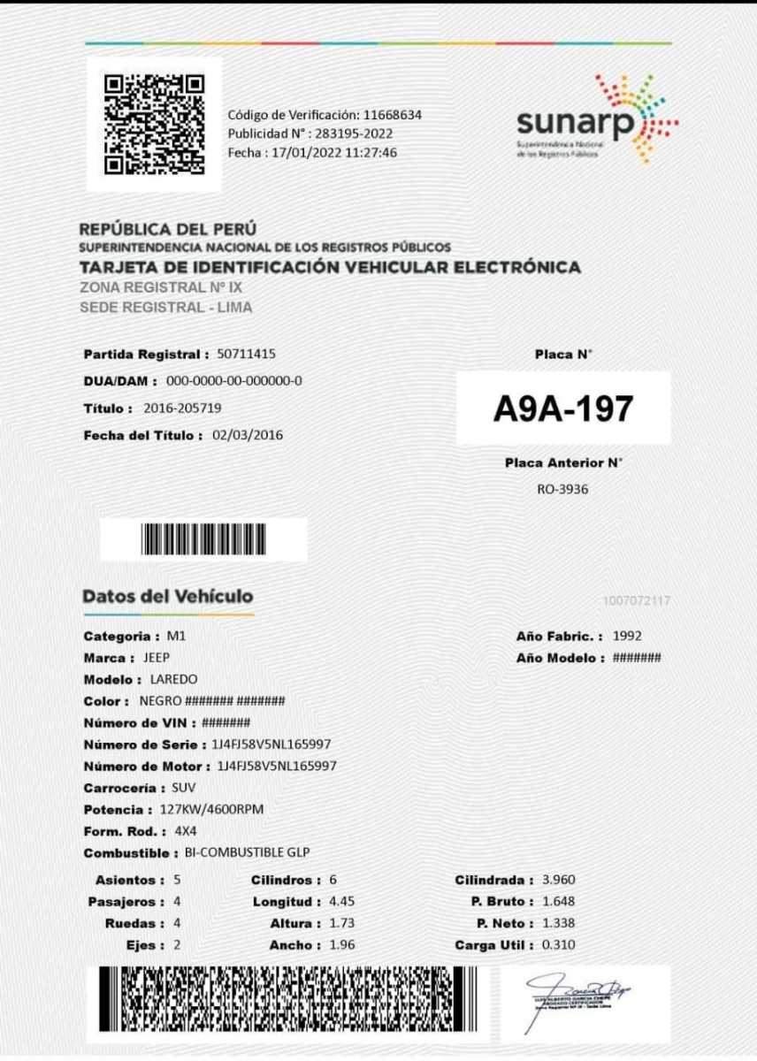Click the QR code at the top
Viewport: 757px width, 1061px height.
pos(154,124)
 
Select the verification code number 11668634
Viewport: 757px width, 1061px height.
pos(393,115)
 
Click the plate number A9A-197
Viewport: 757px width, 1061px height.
pos(563,408)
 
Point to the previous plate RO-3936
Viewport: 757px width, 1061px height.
pos(562,489)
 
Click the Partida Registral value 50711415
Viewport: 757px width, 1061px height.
pos(246,355)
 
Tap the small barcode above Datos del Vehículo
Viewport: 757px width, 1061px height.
pos(203,538)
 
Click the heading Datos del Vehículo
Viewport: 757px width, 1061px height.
pos(168,596)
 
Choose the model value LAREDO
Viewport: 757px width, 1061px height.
pos(173,679)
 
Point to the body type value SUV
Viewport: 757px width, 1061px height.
pos(184,788)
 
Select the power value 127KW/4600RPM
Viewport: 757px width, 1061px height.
pos(212,810)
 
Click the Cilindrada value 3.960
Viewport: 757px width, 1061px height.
pos(558,881)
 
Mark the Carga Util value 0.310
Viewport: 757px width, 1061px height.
pos(558,945)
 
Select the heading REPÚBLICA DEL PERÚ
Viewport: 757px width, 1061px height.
pos(168,229)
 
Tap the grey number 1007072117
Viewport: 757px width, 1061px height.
pos(636,601)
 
